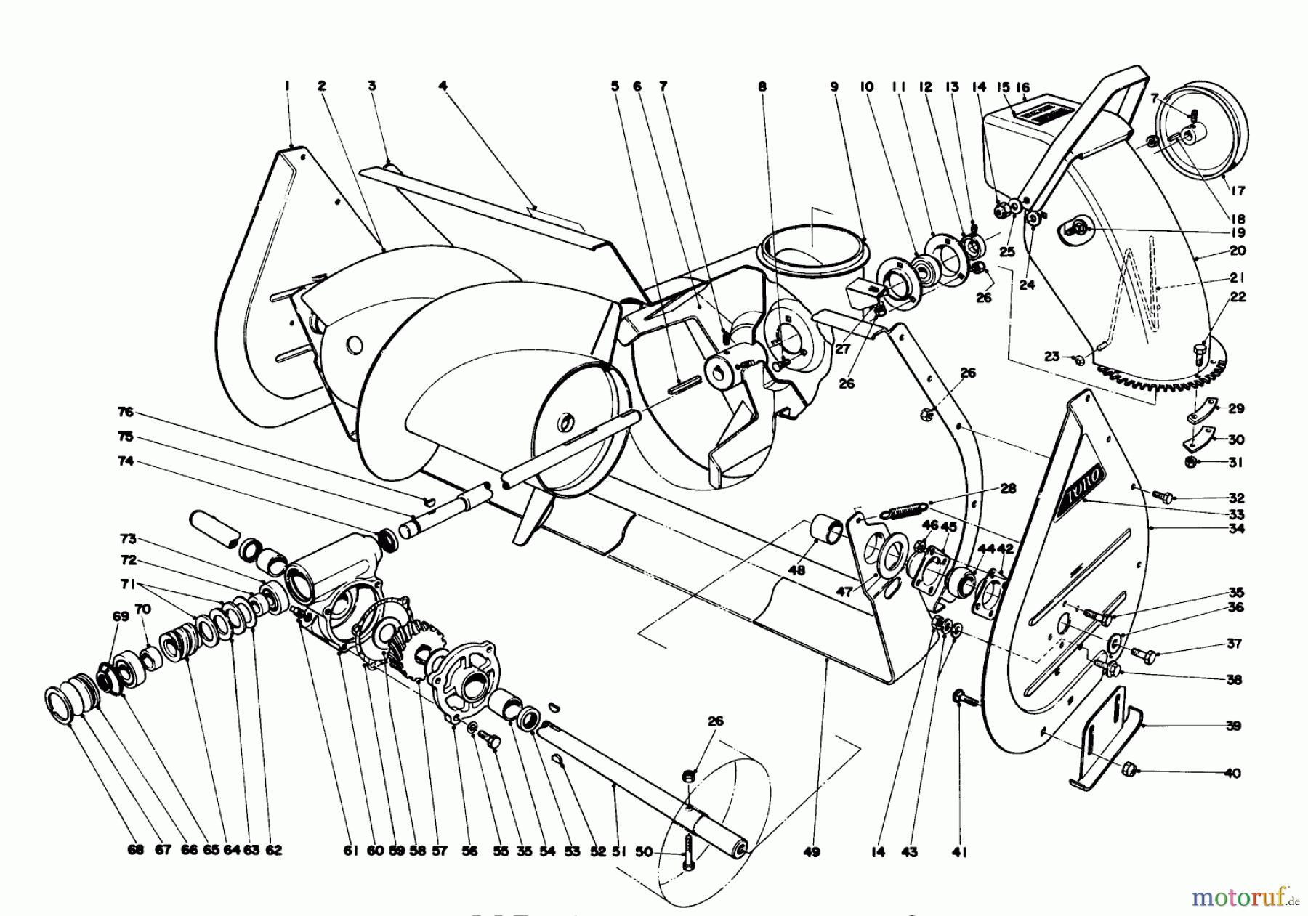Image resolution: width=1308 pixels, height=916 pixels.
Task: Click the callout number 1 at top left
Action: tap(287, 86)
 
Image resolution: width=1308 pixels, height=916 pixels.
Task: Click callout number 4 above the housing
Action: tap(443, 86)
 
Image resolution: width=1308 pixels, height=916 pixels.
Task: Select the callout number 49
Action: tap(812, 851)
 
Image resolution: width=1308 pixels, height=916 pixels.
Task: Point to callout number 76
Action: tap(126, 412)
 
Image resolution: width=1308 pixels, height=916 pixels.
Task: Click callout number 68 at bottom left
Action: tap(136, 851)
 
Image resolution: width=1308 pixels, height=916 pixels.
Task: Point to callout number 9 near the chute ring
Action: tap(834, 86)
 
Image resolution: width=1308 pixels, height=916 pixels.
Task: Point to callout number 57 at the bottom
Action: tap(440, 851)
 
